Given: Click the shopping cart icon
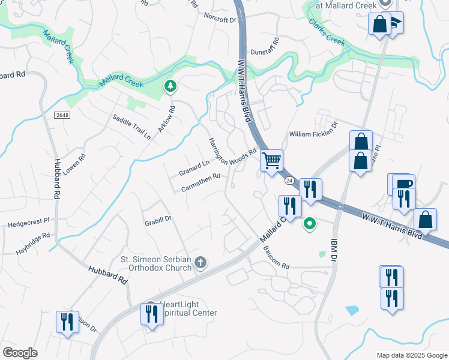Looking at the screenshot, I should coord(272,161).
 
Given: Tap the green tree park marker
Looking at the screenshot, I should coord(171,86).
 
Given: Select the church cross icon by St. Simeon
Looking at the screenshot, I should coord(200,262).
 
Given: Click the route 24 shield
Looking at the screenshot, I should coord(289,181).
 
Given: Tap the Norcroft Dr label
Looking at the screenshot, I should coord(220,19).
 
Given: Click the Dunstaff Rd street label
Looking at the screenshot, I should coord(265,52).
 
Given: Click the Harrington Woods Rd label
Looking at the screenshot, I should coord(232,152).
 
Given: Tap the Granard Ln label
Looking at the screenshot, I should coord(194,168).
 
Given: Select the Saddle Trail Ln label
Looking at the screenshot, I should coord(131,126).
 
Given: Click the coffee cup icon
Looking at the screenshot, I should coord(403,184).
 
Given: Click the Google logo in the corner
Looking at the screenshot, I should coord(20,352).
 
